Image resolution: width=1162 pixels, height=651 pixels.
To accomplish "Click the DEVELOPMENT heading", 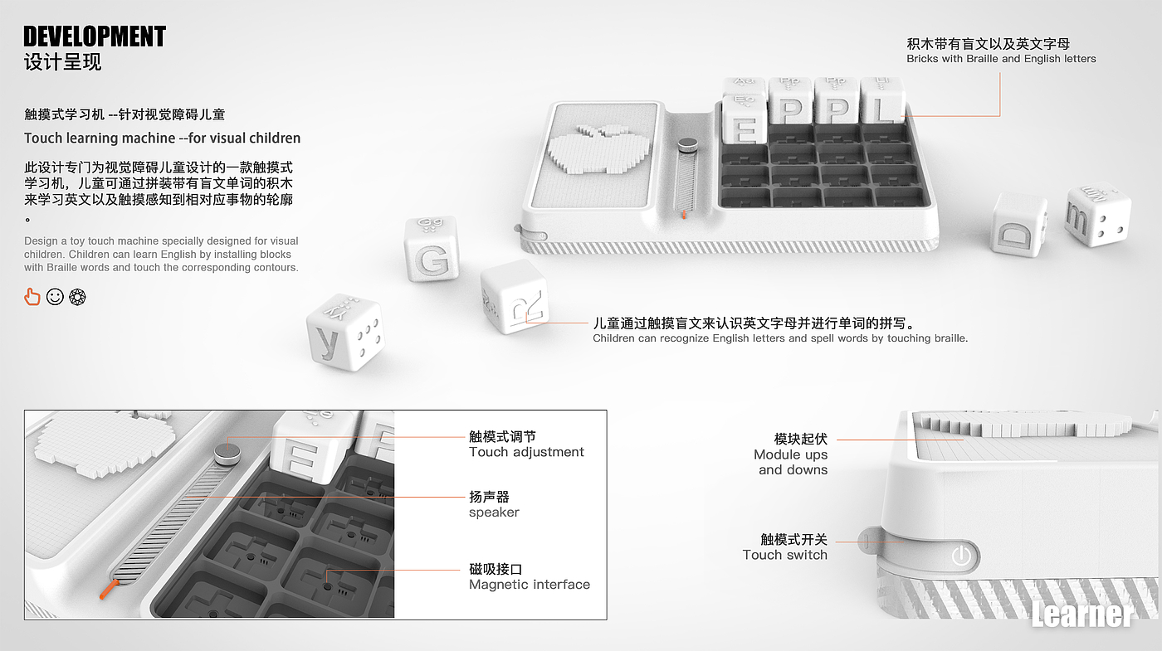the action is [95, 36].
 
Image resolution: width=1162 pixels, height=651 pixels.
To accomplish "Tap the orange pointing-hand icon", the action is [32, 296].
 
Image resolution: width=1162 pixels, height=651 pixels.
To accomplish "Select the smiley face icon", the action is [55, 296].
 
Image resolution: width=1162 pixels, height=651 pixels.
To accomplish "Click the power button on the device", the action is [960, 555].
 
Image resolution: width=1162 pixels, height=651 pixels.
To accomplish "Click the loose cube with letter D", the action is [1018, 225].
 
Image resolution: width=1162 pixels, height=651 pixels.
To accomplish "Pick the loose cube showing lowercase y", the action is [344, 332].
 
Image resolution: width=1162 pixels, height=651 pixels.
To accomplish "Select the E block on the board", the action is [745, 122].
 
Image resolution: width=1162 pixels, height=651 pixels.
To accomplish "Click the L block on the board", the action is [882, 104].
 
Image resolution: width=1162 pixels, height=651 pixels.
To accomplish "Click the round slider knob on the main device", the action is [686, 145].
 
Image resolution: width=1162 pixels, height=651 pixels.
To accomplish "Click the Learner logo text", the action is [1082, 615].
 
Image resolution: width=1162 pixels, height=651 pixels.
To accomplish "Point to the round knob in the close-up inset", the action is [225, 453].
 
